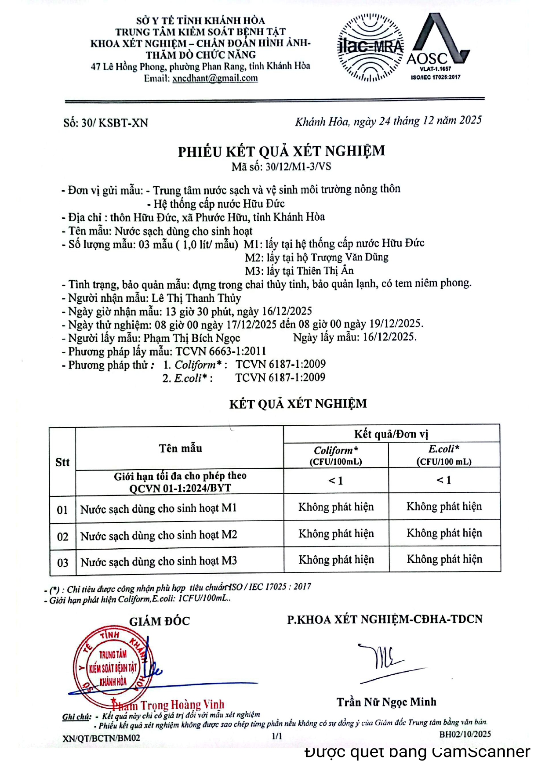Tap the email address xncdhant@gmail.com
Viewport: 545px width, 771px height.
[215, 78]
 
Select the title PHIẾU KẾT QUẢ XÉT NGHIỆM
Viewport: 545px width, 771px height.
[281, 151]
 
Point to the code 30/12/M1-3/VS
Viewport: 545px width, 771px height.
[298, 167]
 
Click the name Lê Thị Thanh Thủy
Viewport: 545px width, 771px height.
[196, 298]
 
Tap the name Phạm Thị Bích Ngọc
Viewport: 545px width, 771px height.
[192, 338]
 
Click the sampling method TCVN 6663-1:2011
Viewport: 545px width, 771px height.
[221, 351]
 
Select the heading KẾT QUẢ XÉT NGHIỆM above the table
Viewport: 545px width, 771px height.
[298, 404]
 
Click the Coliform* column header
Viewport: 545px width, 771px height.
[336, 455]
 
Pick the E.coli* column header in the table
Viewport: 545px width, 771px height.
[444, 455]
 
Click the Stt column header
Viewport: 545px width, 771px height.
[62, 462]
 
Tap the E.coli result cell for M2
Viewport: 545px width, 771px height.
[444, 533]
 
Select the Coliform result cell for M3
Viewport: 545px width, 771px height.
[336, 560]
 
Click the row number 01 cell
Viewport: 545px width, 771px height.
[62, 510]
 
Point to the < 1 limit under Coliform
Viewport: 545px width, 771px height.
[336, 481]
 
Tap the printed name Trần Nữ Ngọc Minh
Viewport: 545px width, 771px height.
[386, 702]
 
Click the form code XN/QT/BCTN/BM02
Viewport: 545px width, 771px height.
[102, 738]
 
